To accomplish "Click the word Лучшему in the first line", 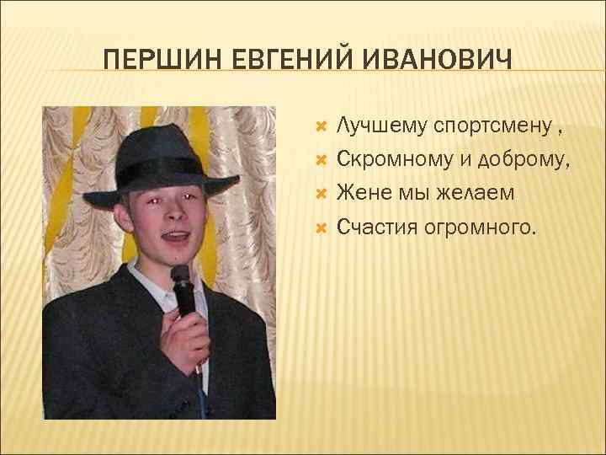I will pos(382,127).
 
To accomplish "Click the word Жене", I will pos(362,193).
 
